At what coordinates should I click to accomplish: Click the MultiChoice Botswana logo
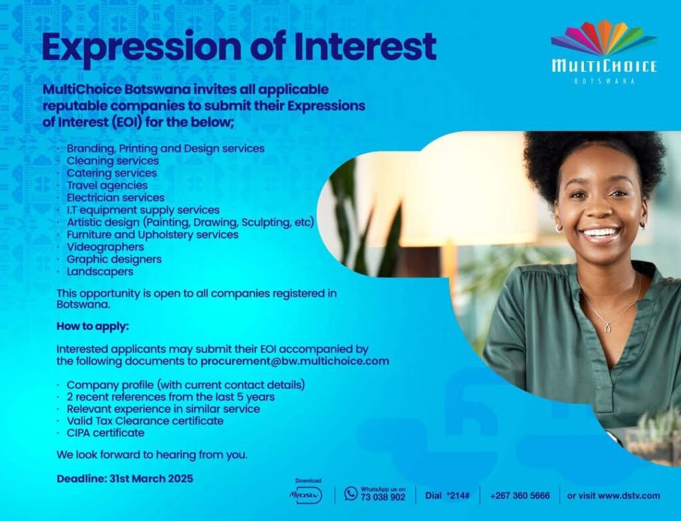pyautogui.click(x=604, y=52)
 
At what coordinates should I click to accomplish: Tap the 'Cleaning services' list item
pyautogui.click(x=112, y=161)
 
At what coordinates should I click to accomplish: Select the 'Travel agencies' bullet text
pyautogui.click(x=107, y=186)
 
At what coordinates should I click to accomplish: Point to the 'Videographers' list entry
pyautogui.click(x=105, y=247)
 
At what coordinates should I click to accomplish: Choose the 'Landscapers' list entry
pyautogui.click(x=100, y=271)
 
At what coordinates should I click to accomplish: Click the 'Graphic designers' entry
pyautogui.click(x=114, y=260)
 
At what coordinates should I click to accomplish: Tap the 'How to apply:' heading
pyautogui.click(x=92, y=326)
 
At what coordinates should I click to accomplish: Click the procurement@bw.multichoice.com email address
pyautogui.click(x=295, y=361)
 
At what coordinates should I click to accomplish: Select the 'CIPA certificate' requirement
pyautogui.click(x=106, y=433)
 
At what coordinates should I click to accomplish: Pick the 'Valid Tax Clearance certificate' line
pyautogui.click(x=145, y=421)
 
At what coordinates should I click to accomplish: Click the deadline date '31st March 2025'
pyautogui.click(x=151, y=479)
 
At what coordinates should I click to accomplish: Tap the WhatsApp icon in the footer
pyautogui.click(x=350, y=493)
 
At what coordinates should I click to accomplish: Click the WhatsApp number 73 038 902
pyautogui.click(x=382, y=497)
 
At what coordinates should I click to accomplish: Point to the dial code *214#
pyautogui.click(x=458, y=496)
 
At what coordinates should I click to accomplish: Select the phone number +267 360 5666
pyautogui.click(x=520, y=496)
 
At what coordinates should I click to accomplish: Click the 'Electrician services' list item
pyautogui.click(x=116, y=198)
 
